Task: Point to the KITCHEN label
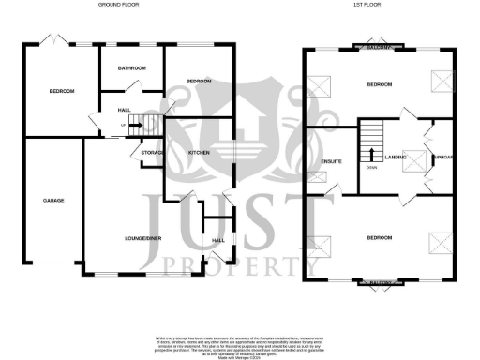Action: tap(198, 152)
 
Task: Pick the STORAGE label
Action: tap(152, 152)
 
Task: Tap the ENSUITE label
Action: tap(331, 161)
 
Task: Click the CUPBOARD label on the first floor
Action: tap(442, 157)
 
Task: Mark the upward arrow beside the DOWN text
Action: tap(372, 156)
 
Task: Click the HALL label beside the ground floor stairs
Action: tap(124, 110)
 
